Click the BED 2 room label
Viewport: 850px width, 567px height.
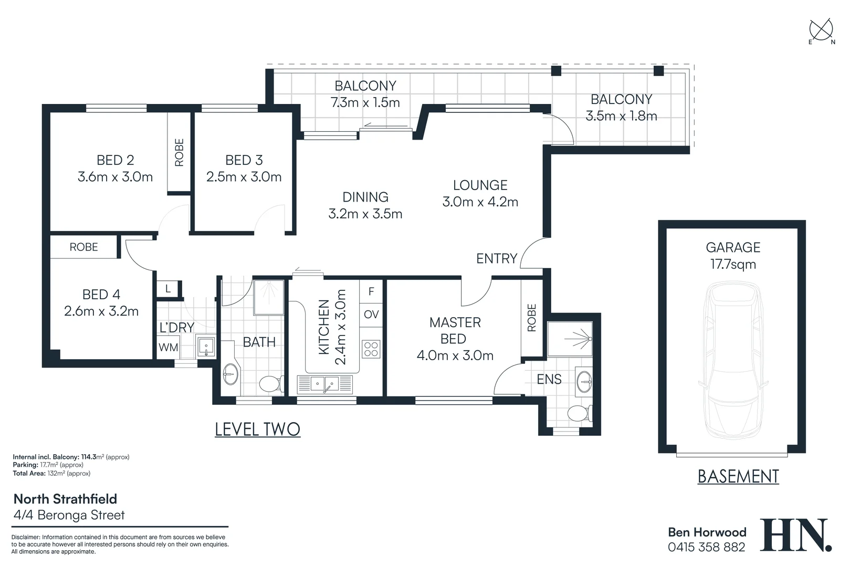click(x=115, y=160)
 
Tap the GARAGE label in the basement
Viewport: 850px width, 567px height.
click(x=732, y=247)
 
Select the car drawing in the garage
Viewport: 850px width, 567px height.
click(x=732, y=360)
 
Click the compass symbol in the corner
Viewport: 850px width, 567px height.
click(x=821, y=30)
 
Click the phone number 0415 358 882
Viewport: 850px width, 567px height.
click(x=706, y=547)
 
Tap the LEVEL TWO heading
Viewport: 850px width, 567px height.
click(x=257, y=429)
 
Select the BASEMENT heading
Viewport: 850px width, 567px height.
click(x=738, y=476)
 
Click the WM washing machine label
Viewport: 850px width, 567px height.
click(x=169, y=347)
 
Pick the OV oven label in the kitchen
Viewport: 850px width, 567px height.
click(x=371, y=314)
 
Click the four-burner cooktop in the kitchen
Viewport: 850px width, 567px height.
click(x=371, y=349)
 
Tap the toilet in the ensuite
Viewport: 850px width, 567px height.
click(x=579, y=413)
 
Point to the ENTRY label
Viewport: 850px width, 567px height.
click(x=497, y=258)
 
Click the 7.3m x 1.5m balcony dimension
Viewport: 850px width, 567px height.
click(x=365, y=102)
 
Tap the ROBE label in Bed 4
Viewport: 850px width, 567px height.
click(x=83, y=247)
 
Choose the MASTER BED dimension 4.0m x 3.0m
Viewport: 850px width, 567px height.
click(x=455, y=355)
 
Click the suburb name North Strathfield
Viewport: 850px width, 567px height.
click(x=65, y=499)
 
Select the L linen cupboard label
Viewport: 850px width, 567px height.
click(x=168, y=289)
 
